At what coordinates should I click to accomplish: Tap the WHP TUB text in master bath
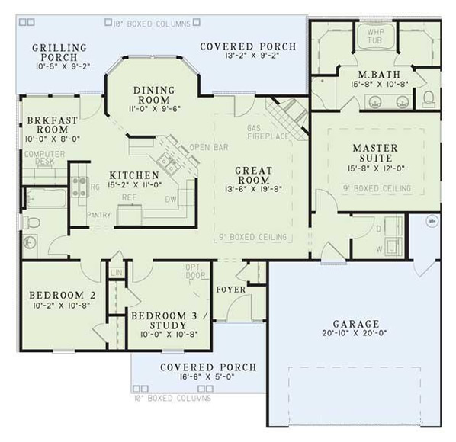pos(375,37)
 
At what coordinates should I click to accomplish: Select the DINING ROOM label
pos(154,94)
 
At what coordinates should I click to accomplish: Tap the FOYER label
pos(230,289)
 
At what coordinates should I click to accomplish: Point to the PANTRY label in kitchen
pos(98,216)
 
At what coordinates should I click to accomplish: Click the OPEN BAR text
pos(205,146)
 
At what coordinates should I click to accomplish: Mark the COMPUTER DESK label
pos(44,157)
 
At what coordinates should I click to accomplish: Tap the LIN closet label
pos(117,272)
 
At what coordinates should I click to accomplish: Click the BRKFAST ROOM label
pos(48,125)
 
